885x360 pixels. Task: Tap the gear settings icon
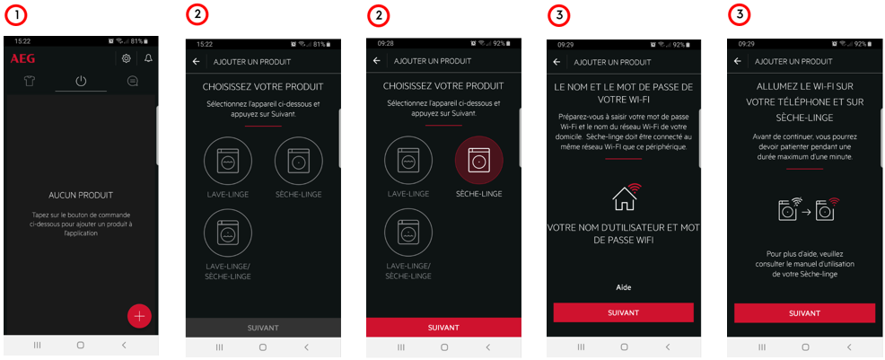tap(127, 58)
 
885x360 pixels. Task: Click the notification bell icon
tap(148, 58)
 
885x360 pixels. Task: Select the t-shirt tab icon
tap(30, 82)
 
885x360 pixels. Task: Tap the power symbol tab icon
tap(81, 82)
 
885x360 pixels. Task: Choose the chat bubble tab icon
tap(132, 82)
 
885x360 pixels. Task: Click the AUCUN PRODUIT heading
tap(81, 195)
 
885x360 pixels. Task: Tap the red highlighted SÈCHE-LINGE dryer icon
tap(478, 160)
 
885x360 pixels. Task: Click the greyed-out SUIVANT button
tap(263, 328)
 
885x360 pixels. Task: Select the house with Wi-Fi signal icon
tap(627, 197)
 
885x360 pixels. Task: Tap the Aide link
tap(623, 288)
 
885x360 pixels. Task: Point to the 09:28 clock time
tap(385, 43)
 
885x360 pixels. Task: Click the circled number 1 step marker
tap(17, 16)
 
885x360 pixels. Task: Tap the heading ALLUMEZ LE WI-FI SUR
tap(803, 86)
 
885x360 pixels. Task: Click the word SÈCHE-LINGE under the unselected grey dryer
tap(299, 195)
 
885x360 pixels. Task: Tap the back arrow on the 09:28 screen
tap(376, 61)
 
